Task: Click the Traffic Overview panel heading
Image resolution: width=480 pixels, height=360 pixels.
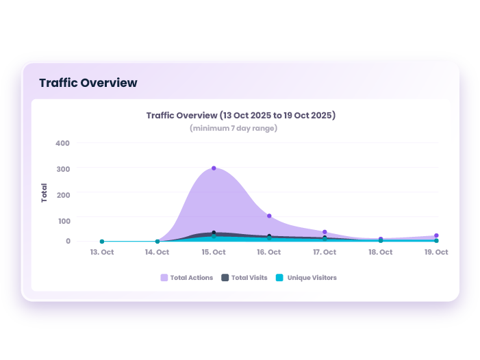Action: coord(88,83)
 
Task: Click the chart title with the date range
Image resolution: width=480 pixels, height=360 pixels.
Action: coord(240,115)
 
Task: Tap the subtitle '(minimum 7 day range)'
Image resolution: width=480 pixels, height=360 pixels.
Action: coord(233,128)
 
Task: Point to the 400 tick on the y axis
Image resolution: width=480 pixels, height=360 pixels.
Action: coord(63,143)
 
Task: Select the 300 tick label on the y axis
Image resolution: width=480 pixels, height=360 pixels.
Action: coord(63,168)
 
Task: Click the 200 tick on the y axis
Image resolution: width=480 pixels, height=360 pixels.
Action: coord(63,195)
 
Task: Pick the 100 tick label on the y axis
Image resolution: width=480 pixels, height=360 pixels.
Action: coord(63,221)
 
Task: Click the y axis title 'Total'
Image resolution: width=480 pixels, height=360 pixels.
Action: coord(45,192)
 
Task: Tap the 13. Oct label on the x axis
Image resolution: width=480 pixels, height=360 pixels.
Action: coord(101,253)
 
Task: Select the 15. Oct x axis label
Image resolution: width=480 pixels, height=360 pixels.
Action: coord(214,253)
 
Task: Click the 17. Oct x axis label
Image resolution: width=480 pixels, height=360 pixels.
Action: coord(325,253)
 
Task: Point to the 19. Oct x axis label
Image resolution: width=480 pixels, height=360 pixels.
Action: coord(436,253)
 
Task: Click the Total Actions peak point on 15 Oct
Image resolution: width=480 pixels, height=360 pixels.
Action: coord(214,168)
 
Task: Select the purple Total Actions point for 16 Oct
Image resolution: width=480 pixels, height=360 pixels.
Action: coord(269,216)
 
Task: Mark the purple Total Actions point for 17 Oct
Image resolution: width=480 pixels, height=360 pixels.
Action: coord(325,232)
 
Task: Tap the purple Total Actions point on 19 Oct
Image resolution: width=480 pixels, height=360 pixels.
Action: coord(436,235)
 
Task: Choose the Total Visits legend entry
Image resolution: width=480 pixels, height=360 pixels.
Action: coord(244,278)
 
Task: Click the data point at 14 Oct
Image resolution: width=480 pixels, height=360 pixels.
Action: coord(157,242)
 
